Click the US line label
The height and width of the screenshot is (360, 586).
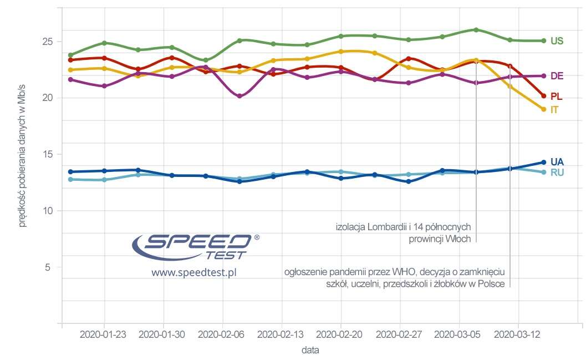(x=557, y=41)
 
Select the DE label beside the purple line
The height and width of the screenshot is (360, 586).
(x=557, y=76)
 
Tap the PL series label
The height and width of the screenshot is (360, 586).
(x=556, y=97)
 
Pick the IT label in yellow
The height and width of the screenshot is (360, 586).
(x=554, y=110)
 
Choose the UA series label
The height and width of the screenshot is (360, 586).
(x=557, y=162)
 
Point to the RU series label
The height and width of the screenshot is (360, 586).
(x=557, y=173)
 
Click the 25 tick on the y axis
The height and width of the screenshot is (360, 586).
(x=48, y=42)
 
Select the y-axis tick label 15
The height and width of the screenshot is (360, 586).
(x=48, y=154)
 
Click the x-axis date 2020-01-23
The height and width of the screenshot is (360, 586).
(x=104, y=334)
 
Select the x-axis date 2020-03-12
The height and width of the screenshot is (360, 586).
(x=517, y=334)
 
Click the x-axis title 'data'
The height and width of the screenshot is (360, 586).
(x=310, y=351)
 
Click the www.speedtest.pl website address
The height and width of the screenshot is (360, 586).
(x=194, y=273)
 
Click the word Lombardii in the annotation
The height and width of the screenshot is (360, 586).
(x=395, y=227)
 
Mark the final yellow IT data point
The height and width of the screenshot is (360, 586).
(x=543, y=109)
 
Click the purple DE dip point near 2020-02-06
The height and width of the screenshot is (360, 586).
(x=239, y=96)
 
